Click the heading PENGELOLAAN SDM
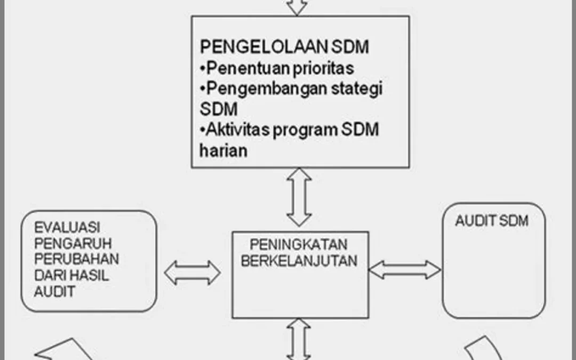[x=284, y=46]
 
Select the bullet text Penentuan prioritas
[x=277, y=68]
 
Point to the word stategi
[x=357, y=89]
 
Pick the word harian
[x=223, y=150]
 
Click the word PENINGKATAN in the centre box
[x=299, y=244]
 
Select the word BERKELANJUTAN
[x=299, y=261]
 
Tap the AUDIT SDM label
[x=492, y=221]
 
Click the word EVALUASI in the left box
[x=67, y=227]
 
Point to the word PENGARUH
[x=73, y=244]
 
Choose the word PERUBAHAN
[x=76, y=259]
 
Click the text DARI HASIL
[x=71, y=276]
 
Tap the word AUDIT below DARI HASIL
[x=55, y=292]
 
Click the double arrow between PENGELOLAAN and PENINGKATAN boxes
[x=299, y=197]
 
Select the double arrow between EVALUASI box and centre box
[x=192, y=273]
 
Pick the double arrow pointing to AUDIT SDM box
[x=405, y=270]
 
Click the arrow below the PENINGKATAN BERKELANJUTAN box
[x=299, y=339]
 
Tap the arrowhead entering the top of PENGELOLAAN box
[x=297, y=7]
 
